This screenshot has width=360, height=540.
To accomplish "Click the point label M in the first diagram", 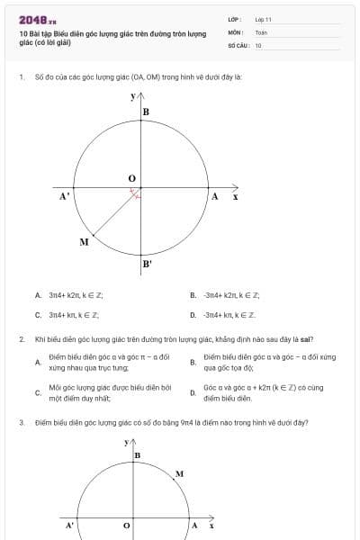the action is pyautogui.click(x=84, y=242).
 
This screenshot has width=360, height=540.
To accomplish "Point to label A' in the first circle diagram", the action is pyautogui.click(x=65, y=195).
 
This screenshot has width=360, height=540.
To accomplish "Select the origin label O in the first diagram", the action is pyautogui.click(x=131, y=179).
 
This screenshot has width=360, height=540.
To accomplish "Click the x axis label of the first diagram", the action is pyautogui.click(x=235, y=195).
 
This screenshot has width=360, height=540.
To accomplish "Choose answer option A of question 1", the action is pyautogui.click(x=38, y=294).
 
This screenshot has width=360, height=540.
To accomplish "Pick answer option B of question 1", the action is pyautogui.click(x=193, y=294).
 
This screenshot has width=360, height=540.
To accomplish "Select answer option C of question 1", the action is pyautogui.click(x=38, y=315).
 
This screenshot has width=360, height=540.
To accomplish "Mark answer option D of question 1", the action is pyautogui.click(x=193, y=315).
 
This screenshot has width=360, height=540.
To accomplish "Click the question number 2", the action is pyautogui.click(x=21, y=339).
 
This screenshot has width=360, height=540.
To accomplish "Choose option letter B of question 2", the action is pyautogui.click(x=193, y=363).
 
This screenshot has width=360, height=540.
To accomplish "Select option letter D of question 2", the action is pyautogui.click(x=193, y=392).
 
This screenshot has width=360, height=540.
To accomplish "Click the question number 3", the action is pyautogui.click(x=21, y=421).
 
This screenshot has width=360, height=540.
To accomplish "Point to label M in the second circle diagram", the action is pyautogui.click(x=179, y=473).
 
